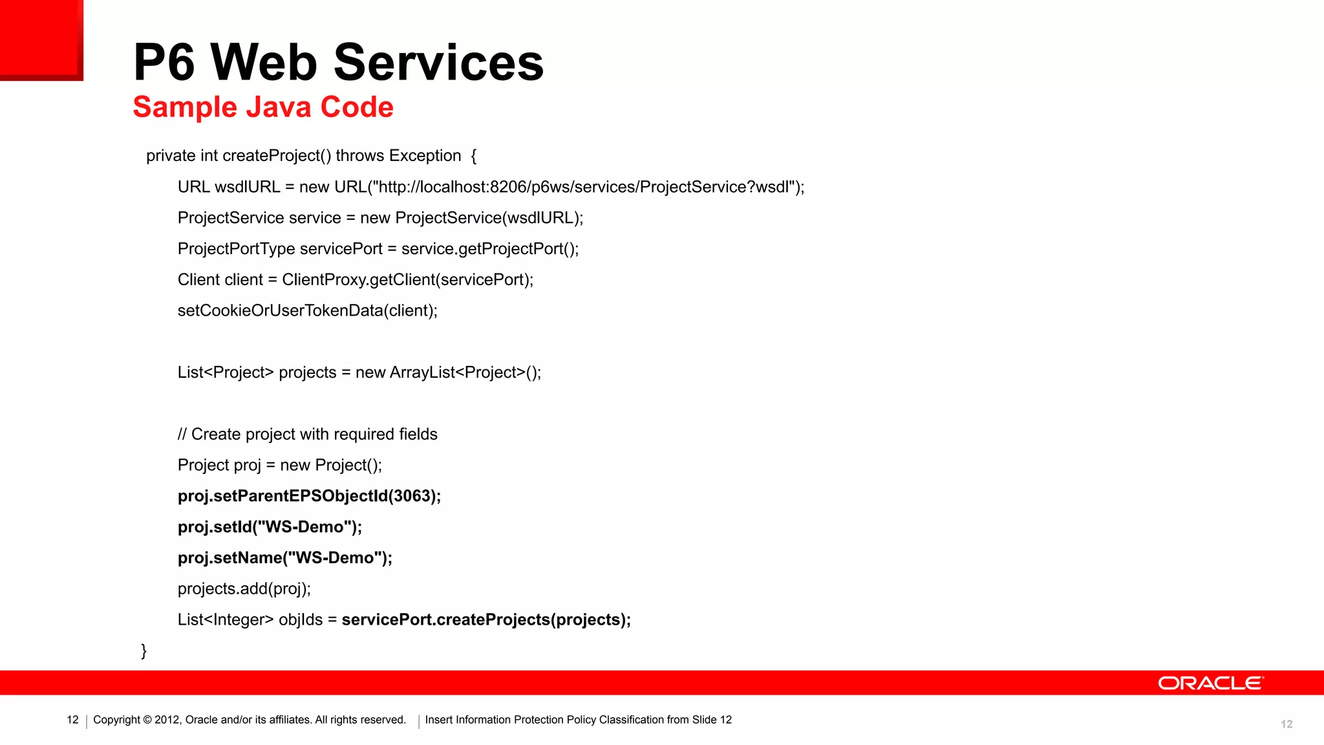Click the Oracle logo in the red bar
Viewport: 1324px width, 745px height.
click(1210, 684)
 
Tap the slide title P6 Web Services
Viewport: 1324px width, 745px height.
click(338, 62)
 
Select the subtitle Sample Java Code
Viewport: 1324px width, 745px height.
click(263, 107)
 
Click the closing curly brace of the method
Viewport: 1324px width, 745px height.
click(144, 651)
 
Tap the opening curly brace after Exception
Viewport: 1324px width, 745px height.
click(473, 156)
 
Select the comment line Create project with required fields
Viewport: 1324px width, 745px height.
click(308, 434)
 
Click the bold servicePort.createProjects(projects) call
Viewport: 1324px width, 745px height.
click(486, 620)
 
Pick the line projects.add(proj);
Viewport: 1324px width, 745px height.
click(244, 588)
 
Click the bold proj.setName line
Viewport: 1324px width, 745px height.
click(285, 557)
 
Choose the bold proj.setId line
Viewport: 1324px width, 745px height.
click(270, 527)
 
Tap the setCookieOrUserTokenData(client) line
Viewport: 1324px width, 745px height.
click(308, 310)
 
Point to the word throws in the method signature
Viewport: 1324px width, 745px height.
click(359, 156)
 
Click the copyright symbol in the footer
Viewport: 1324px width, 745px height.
click(147, 720)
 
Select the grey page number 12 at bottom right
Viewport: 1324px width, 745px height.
click(1287, 724)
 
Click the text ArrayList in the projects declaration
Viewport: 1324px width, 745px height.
click(423, 372)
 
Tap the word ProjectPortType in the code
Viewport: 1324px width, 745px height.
click(236, 249)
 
